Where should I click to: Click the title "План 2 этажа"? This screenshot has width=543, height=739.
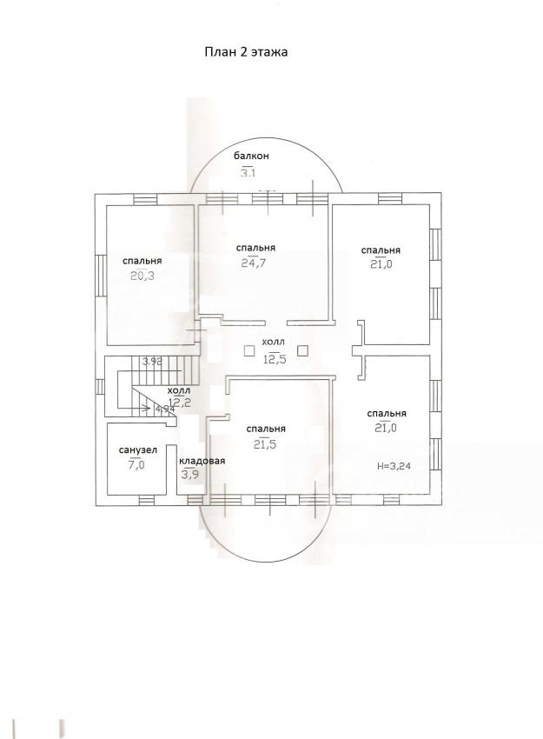246,52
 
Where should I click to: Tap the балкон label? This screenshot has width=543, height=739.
251,156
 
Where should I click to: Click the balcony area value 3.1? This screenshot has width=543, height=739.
248,172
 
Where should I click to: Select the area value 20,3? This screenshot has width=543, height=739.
142,276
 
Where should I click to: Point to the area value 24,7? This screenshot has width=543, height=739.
254,263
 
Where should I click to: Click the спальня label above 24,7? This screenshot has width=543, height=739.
255,248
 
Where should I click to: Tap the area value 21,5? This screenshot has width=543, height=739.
264,443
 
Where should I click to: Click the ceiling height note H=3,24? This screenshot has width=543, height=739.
395,467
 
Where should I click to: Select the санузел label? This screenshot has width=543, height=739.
138,450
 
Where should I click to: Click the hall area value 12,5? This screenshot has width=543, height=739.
275,359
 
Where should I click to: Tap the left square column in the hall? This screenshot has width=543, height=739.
249,350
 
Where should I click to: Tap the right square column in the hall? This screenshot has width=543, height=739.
303,350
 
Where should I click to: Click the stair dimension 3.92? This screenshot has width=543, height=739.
153,362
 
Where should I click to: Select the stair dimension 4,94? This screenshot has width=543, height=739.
165,409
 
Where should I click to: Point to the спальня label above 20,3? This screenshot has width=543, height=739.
142,261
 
